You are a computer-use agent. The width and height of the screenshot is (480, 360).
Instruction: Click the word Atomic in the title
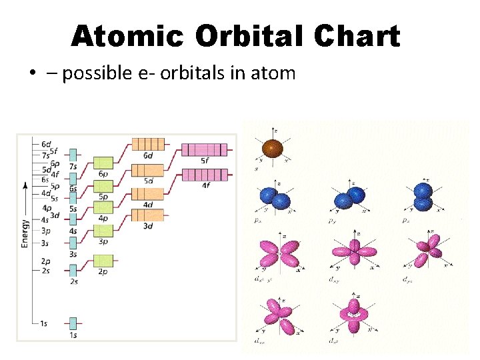click(126, 36)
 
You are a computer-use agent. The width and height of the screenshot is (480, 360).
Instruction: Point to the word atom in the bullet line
click(273, 73)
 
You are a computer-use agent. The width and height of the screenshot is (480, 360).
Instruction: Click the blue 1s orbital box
click(73, 323)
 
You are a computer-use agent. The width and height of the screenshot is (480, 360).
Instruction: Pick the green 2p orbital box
click(103, 260)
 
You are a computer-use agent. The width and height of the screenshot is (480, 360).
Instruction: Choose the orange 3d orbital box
click(147, 215)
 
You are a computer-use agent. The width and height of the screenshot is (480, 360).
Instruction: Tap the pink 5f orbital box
click(204, 149)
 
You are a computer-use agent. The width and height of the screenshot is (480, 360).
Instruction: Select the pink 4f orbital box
click(204, 175)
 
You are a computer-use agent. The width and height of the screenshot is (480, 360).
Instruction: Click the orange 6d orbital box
click(147, 143)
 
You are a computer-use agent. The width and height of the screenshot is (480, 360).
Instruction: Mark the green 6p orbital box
click(103, 162)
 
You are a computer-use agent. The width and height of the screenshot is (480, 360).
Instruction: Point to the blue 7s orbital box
click(73, 155)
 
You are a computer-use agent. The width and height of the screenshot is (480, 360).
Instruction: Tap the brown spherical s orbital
click(271, 148)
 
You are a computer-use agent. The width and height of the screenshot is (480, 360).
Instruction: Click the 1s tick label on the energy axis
click(43, 324)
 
